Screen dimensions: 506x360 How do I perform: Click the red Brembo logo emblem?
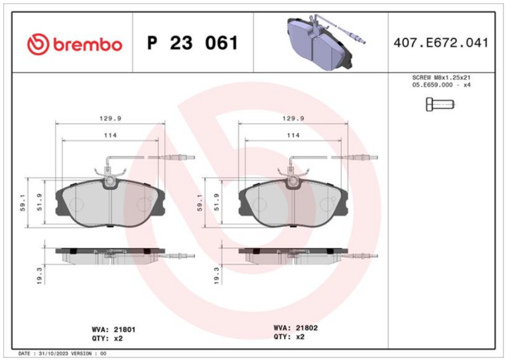38,44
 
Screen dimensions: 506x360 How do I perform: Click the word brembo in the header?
87,44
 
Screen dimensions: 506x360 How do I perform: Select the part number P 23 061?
193,42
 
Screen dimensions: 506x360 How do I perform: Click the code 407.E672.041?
441,42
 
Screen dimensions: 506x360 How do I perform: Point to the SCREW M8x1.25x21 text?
441,77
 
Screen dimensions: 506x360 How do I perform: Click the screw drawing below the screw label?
440,104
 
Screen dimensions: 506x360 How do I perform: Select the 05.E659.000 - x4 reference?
441,85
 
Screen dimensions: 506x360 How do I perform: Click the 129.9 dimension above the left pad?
110,118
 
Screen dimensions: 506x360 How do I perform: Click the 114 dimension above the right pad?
293,135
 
